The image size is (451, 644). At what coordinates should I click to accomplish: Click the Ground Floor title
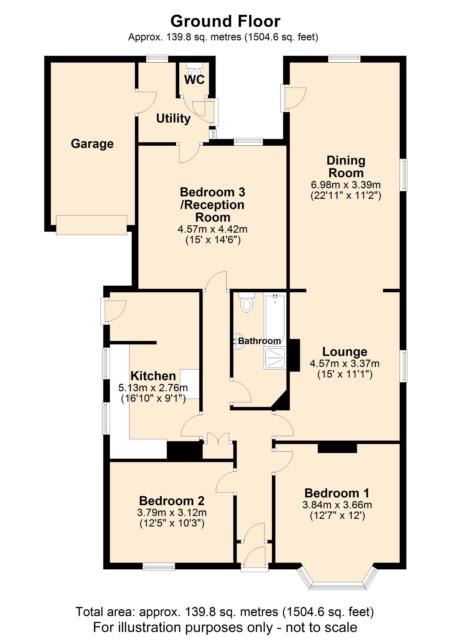tap(225, 21)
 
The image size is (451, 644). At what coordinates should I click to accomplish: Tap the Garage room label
tap(92, 144)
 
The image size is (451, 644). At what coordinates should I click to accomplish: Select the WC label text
tap(194, 80)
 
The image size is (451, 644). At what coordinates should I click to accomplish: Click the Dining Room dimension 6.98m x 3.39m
tap(345, 185)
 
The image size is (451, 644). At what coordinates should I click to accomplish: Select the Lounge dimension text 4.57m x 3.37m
tap(344, 363)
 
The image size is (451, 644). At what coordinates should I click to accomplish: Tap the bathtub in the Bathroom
tap(275, 317)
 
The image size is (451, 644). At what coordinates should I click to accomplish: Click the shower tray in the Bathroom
tap(275, 358)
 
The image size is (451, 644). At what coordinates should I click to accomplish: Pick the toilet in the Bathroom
tap(247, 303)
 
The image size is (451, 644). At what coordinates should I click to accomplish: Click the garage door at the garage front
tap(91, 225)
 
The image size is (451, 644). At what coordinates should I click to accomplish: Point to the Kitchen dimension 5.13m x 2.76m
tap(153, 388)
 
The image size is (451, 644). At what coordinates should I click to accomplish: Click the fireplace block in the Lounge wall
tap(295, 355)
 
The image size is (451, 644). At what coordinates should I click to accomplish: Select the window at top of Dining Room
tap(344, 59)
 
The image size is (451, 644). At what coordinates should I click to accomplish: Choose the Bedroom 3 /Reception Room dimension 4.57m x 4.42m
tap(212, 229)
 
